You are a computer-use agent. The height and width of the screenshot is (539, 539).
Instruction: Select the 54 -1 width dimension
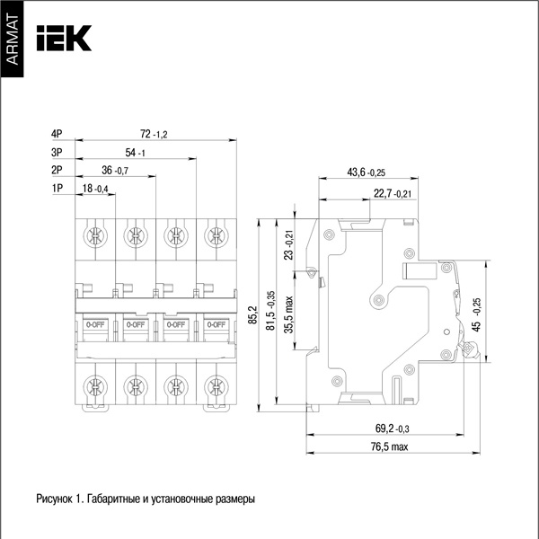pyautogui.click(x=135, y=152)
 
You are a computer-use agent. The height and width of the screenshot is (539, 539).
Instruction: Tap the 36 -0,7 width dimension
pyautogui.click(x=116, y=170)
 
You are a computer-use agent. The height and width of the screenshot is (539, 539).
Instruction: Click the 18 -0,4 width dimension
pyautogui.click(x=95, y=188)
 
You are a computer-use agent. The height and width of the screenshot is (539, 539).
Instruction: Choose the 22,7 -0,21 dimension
pyautogui.click(x=393, y=193)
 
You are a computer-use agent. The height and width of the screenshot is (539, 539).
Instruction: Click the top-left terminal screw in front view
pyautogui.click(x=93, y=236)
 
